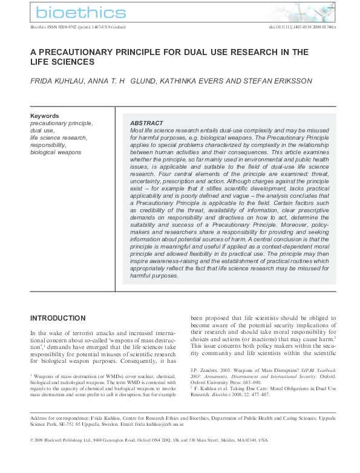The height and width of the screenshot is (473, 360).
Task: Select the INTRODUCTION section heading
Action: click(58, 318)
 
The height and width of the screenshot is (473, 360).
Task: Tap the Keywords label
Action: click(45, 116)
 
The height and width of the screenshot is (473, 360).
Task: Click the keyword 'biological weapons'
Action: click(56, 152)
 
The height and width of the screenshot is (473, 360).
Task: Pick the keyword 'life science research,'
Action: click(59, 138)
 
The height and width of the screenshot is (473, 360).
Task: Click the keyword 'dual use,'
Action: click(42, 130)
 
